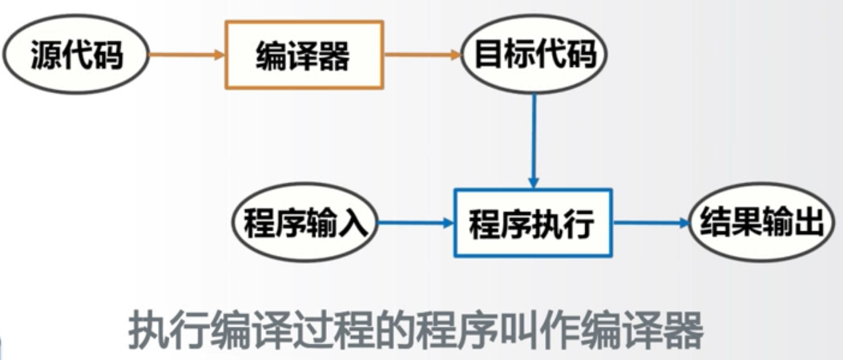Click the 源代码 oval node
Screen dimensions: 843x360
77,55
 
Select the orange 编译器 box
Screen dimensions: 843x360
305,55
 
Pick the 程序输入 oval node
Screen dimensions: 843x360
305,223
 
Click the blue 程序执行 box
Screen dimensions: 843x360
533,223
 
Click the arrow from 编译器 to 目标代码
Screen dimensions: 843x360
422,55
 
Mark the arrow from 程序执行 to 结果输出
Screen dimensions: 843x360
650,223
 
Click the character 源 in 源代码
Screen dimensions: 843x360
46,56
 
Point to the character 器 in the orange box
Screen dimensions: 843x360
336,56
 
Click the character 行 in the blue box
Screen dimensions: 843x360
579,224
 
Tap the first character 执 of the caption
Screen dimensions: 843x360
146,330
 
